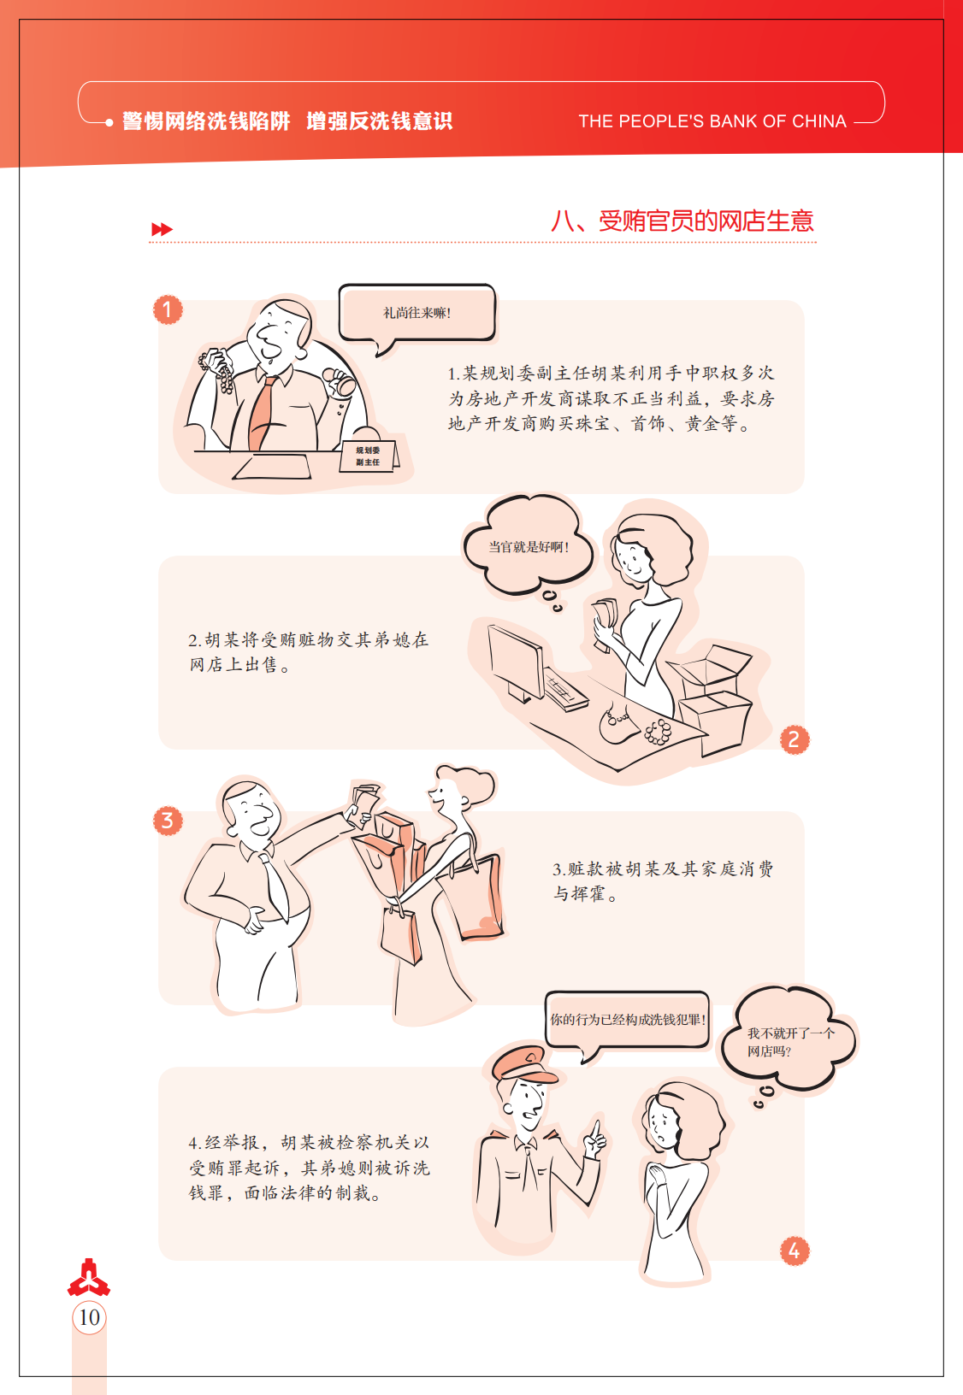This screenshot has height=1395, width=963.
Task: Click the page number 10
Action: tap(89, 1317)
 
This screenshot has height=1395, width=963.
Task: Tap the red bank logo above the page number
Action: tap(89, 1277)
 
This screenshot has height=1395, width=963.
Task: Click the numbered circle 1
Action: tap(168, 309)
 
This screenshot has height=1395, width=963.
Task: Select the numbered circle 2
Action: tap(794, 740)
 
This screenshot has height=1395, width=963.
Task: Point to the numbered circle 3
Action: tap(168, 821)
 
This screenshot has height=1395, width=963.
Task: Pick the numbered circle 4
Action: tap(794, 1251)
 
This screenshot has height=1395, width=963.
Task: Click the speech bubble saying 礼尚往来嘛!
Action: tap(417, 313)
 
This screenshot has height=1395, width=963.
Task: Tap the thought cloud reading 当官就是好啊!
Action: tap(529, 547)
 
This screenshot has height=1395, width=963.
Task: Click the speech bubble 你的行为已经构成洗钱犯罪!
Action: tap(627, 1020)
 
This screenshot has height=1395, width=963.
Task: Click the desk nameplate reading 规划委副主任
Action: tap(369, 456)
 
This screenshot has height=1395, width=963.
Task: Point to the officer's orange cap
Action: tap(523, 1064)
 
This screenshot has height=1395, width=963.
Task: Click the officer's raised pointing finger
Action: tap(596, 1128)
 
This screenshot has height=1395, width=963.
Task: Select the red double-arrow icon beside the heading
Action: tap(162, 229)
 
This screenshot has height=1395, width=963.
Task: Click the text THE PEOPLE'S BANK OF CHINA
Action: tap(712, 121)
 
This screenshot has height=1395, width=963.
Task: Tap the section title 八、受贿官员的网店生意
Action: tap(682, 221)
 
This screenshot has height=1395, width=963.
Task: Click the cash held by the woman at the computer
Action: tap(605, 621)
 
